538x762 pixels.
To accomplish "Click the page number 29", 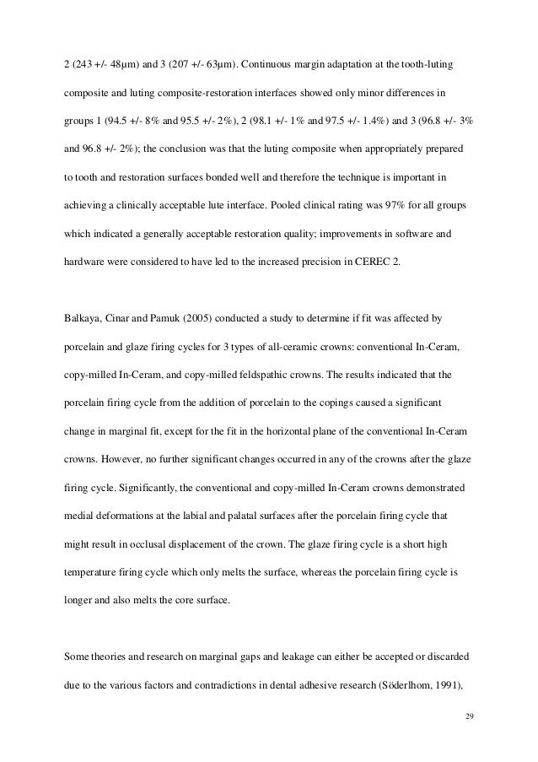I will (471, 716).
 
